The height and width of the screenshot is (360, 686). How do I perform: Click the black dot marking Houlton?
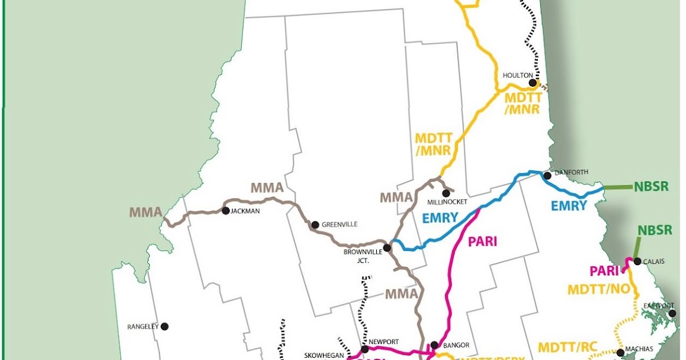[533, 83]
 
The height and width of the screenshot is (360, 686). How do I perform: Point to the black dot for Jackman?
[226, 211]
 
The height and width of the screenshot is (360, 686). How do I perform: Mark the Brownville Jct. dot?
[387, 248]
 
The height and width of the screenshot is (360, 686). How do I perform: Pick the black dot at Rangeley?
[165, 326]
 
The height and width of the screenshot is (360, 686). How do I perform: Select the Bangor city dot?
[434, 345]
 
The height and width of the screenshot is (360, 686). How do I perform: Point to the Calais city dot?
[637, 261]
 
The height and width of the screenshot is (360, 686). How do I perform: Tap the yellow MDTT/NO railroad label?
[599, 290]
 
